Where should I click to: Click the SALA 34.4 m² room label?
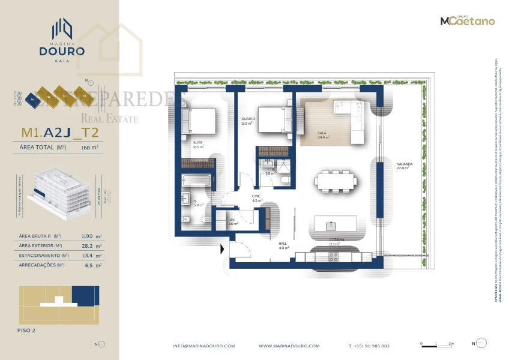coord(324,136)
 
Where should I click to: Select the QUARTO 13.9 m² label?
coord(248,121)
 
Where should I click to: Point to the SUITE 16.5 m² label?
coord(198,145)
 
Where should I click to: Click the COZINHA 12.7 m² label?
coord(334,242)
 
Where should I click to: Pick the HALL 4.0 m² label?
coord(284,245)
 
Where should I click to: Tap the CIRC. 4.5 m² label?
coord(256,198)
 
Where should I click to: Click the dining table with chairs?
coord(336,179)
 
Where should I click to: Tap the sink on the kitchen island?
coord(330,226)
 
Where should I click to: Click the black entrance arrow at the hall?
coord(223,248)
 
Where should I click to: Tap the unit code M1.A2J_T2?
coord(59,132)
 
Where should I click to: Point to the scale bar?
coord(437,344)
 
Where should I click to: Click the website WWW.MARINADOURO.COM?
coord(289,346)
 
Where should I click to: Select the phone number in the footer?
coord(369,346)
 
